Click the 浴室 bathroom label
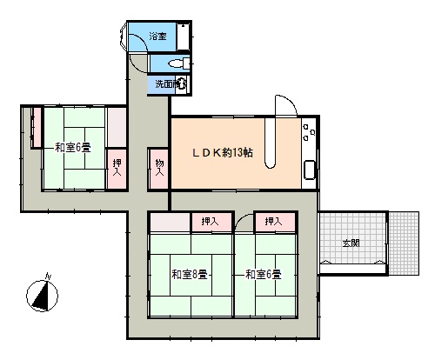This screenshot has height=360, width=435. click(158, 37)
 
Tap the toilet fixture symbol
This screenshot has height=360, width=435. click(178, 63)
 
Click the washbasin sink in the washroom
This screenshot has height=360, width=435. click(182, 84)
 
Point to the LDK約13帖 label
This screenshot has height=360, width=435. click(223, 152)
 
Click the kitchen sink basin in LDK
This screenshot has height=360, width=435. click(310, 170)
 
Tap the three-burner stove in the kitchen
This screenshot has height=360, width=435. click(309, 132)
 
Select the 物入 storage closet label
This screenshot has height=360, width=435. click(159, 168)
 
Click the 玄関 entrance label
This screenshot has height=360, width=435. click(351, 243)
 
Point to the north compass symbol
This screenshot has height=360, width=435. click(43, 296)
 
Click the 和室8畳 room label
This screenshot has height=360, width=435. click(190, 274)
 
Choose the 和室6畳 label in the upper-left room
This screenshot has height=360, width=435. click(73, 148)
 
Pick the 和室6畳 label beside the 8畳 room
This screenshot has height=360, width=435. click(264, 274)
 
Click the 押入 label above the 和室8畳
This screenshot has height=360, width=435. click(210, 222)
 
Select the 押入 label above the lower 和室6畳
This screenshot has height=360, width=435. click(273, 222)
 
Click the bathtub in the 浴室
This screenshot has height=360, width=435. click(184, 37)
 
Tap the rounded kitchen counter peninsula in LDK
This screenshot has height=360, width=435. click(270, 143)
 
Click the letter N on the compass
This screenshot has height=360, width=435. click(48, 276)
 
